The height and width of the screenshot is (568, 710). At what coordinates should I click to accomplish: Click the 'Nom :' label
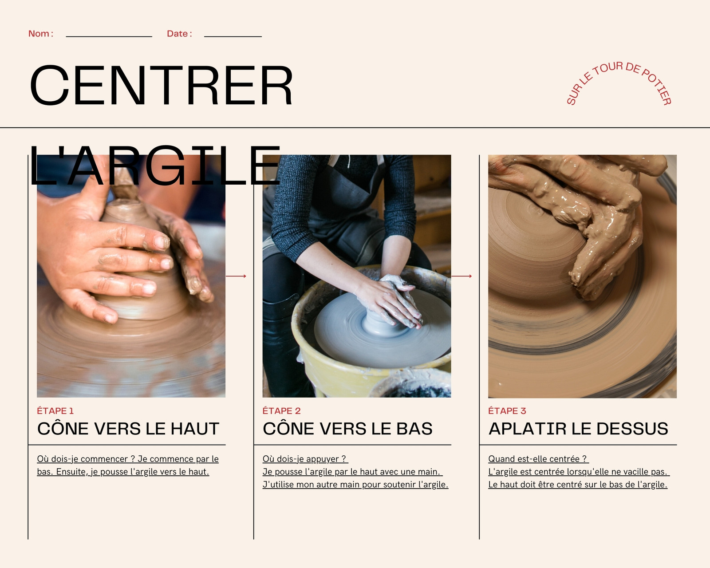click(40, 34)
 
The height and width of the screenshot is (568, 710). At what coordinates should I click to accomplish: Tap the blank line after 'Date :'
click(233, 37)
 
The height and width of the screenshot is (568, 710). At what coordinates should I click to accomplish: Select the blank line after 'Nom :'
click(109, 37)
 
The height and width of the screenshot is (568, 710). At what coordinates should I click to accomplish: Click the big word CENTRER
click(162, 85)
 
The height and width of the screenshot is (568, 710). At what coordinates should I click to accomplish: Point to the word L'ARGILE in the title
click(155, 165)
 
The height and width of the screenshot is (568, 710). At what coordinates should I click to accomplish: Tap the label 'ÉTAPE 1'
click(55, 411)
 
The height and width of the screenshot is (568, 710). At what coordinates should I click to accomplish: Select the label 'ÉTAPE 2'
click(281, 411)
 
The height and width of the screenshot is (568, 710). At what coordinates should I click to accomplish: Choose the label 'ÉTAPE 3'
click(507, 411)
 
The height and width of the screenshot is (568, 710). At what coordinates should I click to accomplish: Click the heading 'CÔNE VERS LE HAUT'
click(128, 429)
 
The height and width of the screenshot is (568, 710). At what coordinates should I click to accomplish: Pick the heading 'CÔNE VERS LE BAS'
click(347, 429)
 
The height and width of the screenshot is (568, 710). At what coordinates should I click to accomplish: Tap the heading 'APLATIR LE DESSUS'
click(578, 429)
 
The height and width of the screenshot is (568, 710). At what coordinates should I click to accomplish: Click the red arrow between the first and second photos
click(236, 276)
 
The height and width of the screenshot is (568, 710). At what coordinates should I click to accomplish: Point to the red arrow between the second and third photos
click(461, 276)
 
